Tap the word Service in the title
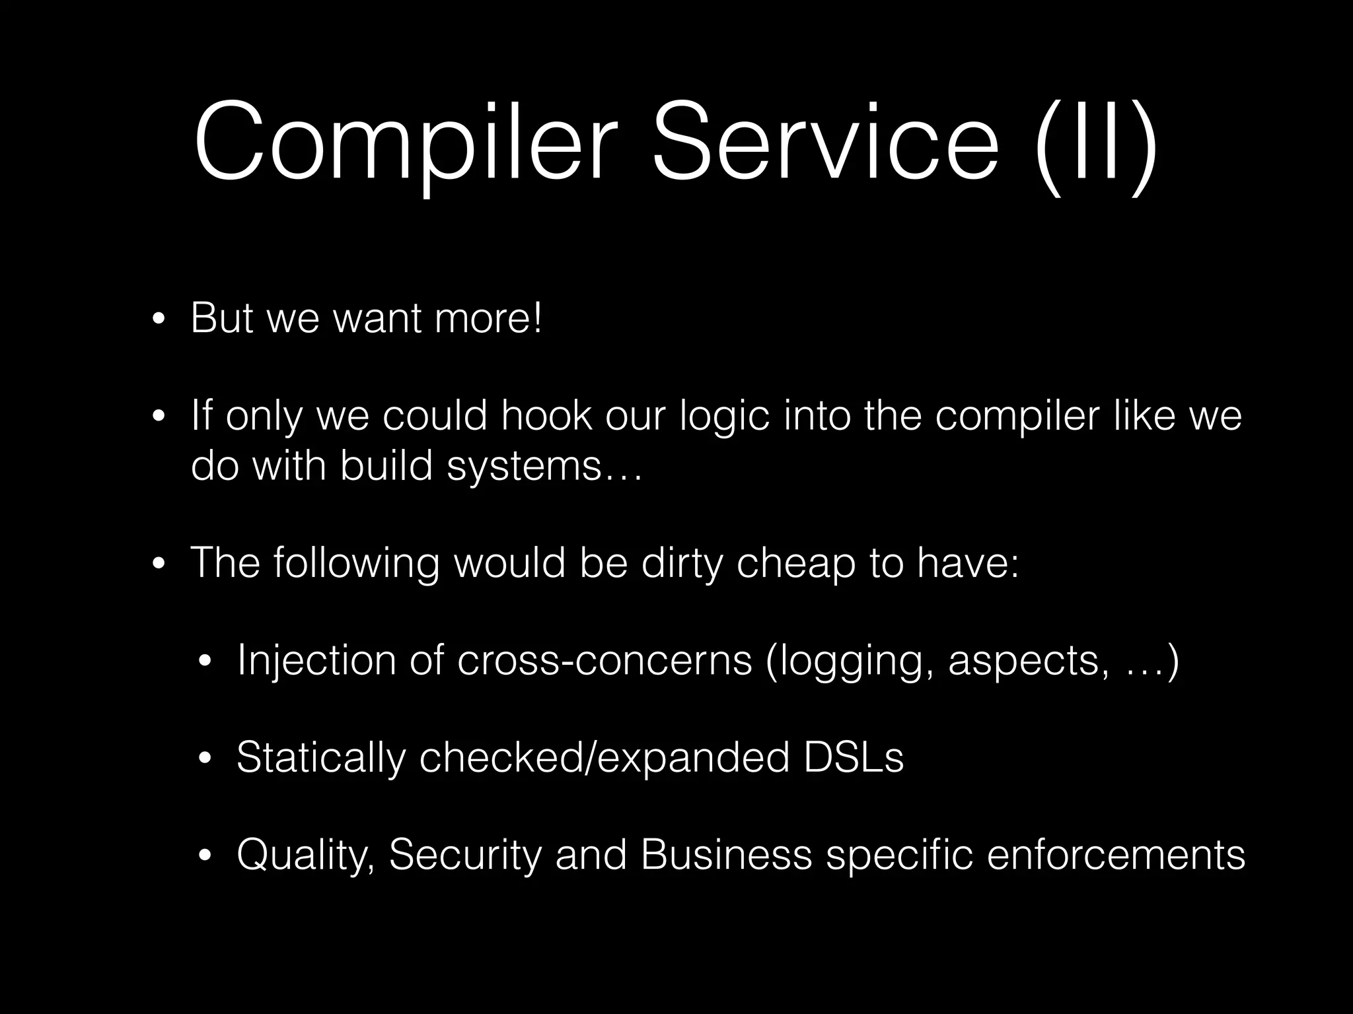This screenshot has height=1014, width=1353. point(825,143)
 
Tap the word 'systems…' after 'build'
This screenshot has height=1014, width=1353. point(544,467)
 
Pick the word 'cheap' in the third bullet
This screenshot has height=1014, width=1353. point(795,564)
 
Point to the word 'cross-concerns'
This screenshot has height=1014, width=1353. point(604,661)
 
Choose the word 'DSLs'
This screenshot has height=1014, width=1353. point(854,757)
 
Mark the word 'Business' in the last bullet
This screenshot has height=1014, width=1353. point(726,855)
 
